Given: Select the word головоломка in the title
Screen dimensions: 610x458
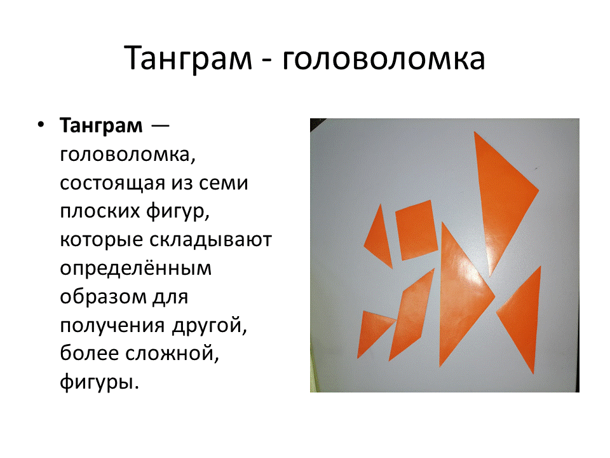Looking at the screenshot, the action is pos(383,59).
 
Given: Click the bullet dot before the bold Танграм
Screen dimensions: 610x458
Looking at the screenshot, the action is pos(41,125).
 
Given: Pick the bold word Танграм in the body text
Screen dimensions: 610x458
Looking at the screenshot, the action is pos(101,125).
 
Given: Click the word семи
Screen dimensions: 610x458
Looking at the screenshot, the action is pos(223,183).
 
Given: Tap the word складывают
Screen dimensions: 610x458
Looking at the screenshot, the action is pos(210,240).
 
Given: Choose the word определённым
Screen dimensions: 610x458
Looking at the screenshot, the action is pos(136,268).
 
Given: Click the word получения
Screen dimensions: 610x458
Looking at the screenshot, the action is pos(112,326).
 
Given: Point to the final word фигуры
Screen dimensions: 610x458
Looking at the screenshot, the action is pos(99,382).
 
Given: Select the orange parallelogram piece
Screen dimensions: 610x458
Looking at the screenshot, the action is pos(412,315).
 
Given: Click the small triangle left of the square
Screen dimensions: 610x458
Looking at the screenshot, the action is pos(380,240).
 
